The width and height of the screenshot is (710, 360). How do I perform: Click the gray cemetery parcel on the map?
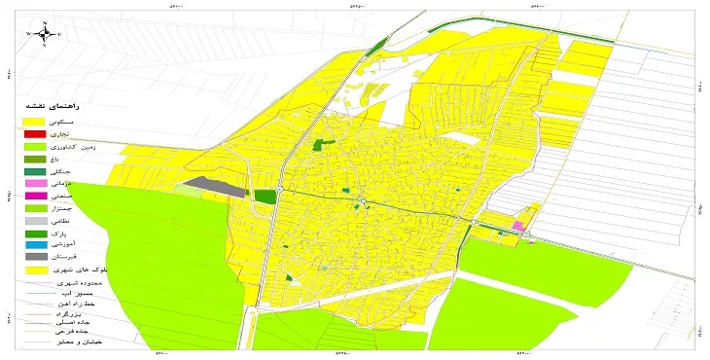point(213,184)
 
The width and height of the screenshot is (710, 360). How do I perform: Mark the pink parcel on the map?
point(518,226)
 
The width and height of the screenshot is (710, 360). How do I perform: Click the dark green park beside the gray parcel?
point(265,196)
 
